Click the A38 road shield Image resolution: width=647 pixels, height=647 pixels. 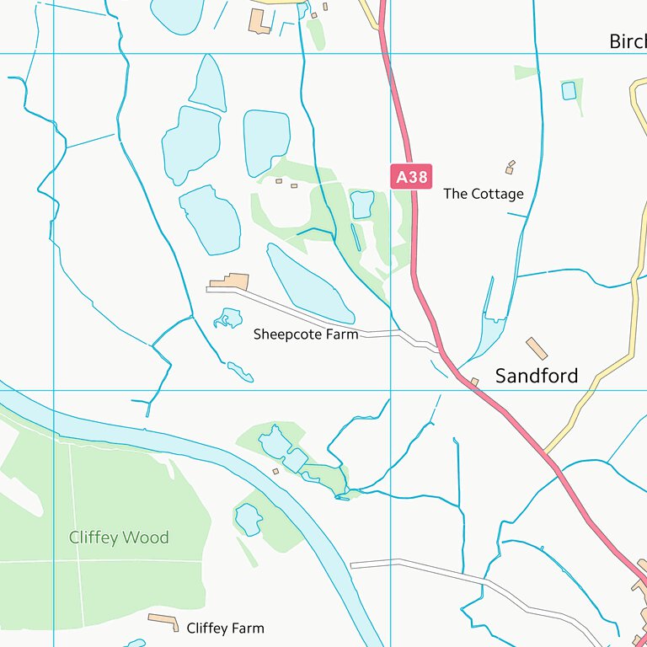(x=412, y=176)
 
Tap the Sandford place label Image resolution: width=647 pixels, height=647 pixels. (x=537, y=376)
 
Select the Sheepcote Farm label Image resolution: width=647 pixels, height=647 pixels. (x=306, y=334)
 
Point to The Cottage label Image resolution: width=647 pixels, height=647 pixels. (x=484, y=194)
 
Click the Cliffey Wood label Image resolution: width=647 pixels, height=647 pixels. (x=119, y=537)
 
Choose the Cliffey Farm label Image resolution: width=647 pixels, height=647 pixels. (x=225, y=628)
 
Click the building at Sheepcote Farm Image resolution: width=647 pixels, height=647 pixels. (x=230, y=281)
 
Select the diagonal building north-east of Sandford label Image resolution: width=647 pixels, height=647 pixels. (x=537, y=348)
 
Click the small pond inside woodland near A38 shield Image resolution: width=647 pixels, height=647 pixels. (x=362, y=204)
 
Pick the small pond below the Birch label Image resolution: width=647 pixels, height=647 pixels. (x=569, y=90)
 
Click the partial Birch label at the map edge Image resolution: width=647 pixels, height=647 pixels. (x=628, y=42)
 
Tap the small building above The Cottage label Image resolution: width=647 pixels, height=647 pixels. (x=510, y=166)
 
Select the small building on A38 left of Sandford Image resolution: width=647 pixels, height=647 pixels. (x=474, y=382)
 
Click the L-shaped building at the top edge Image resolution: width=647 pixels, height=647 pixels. (x=259, y=21)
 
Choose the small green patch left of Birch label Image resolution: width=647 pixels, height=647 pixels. (x=526, y=72)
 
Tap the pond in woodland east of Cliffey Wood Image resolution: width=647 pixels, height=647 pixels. (x=249, y=519)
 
